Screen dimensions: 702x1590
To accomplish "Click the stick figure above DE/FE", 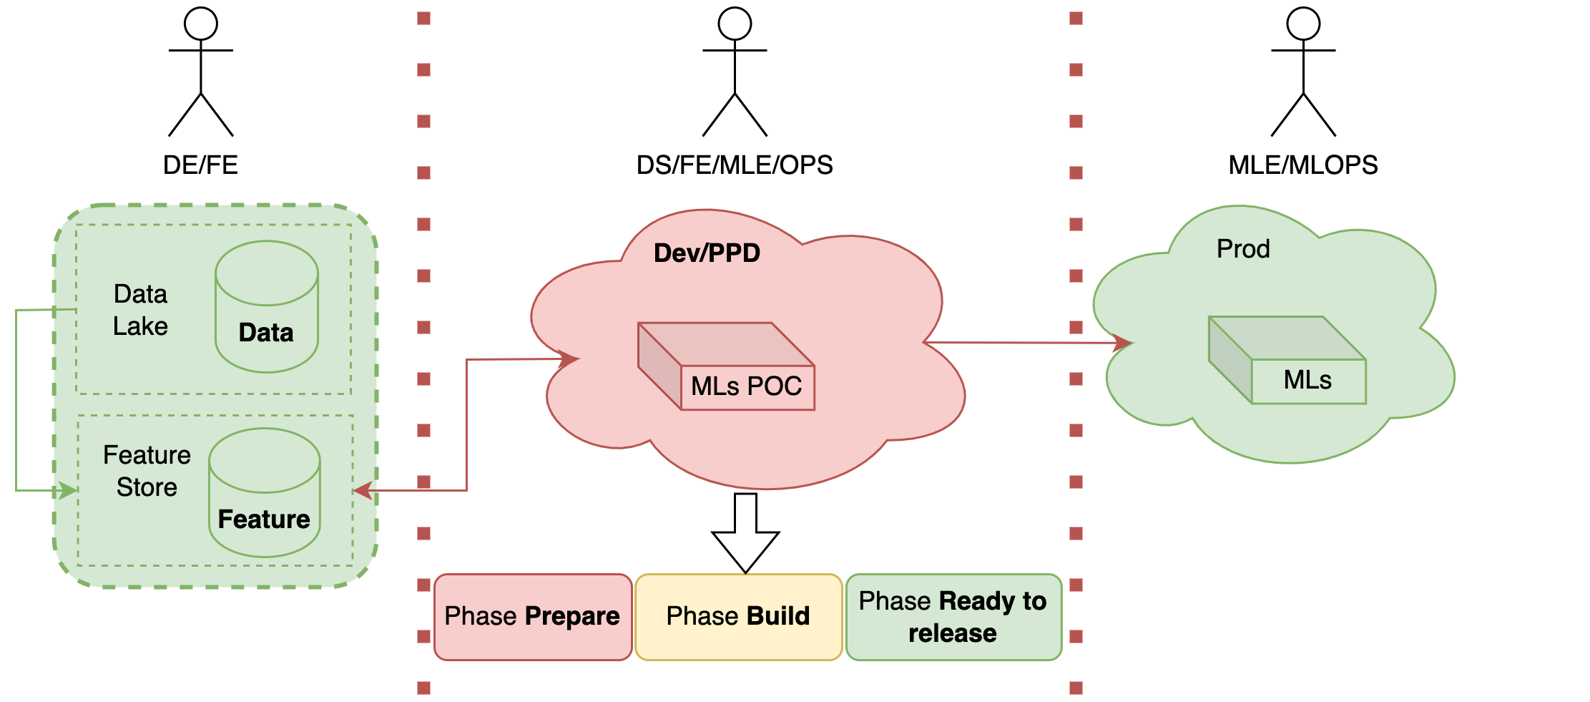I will [201, 72].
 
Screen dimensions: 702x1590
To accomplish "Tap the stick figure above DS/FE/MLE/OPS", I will [735, 72].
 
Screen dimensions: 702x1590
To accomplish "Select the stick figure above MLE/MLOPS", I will [1303, 72].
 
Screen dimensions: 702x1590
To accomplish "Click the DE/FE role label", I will [200, 165].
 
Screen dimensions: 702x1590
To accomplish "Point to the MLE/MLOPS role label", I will [1303, 165].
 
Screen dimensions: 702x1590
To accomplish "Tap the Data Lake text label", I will [140, 310].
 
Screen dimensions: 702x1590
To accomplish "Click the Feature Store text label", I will [147, 471].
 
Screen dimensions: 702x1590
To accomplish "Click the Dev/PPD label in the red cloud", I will [707, 253].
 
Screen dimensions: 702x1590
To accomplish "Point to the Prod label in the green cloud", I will [1243, 249].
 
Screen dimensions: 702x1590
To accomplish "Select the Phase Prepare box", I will [533, 617].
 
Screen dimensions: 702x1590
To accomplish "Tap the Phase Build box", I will [738, 617].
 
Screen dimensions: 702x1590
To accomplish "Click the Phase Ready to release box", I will [953, 617].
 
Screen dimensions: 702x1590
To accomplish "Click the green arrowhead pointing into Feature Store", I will [69, 490].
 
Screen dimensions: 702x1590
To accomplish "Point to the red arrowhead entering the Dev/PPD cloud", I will [569, 359].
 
